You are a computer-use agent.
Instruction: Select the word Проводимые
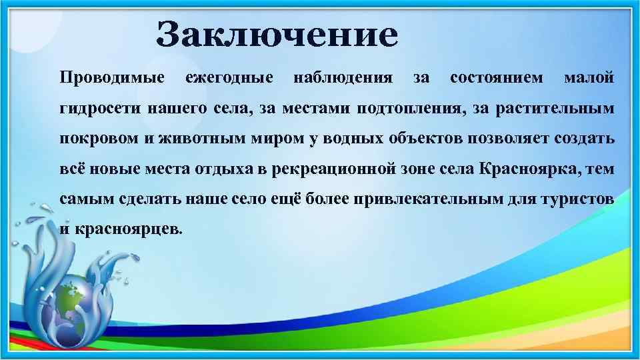[x=112, y=79]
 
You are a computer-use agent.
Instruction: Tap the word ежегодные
[x=229, y=79]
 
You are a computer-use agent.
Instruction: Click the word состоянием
[x=497, y=79]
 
